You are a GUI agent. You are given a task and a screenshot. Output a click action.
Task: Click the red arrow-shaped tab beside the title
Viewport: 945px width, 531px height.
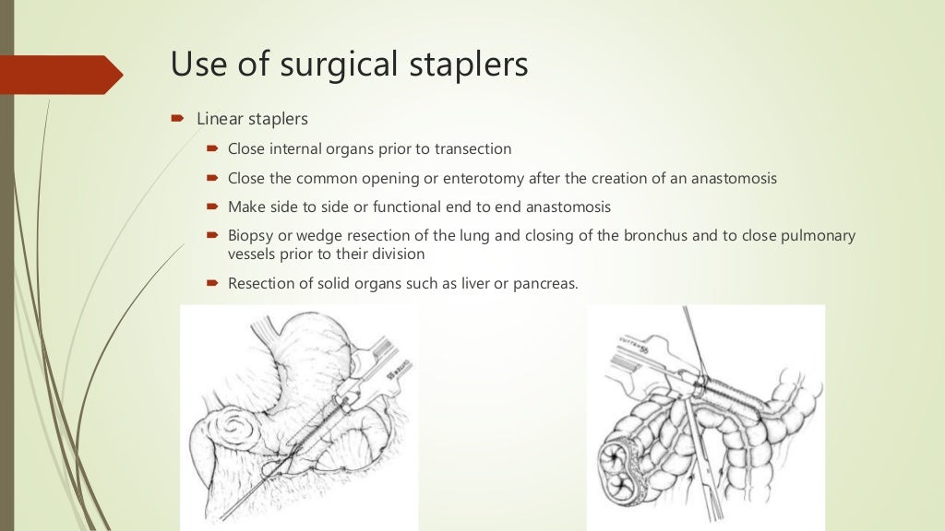[x=61, y=75]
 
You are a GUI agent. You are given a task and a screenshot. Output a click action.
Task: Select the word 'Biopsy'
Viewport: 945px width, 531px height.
[x=250, y=236]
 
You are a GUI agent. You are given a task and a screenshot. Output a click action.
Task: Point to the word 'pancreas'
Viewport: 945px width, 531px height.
[x=545, y=284]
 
